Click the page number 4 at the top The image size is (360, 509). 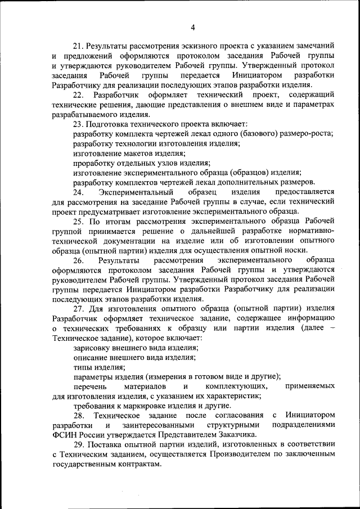pos(192,28)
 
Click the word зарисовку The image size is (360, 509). pos(93,348)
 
